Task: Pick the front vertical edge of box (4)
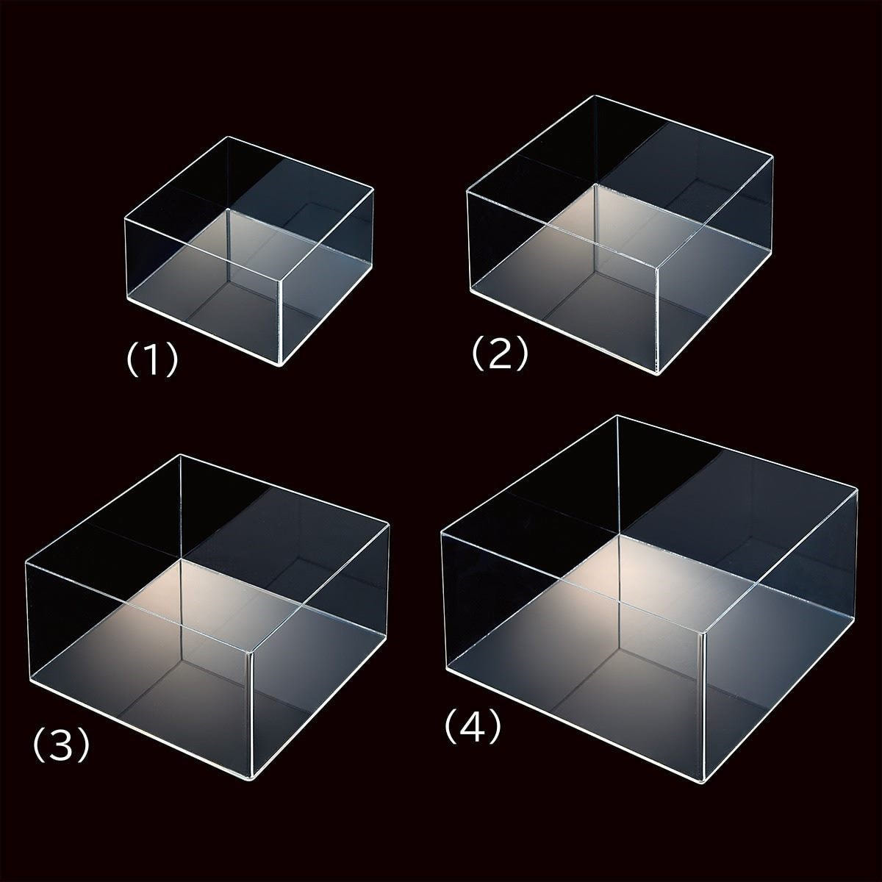pyautogui.click(x=702, y=703)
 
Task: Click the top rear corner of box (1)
pyautogui.click(x=229, y=137)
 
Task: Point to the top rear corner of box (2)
pyautogui.click(x=595, y=96)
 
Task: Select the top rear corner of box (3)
pyautogui.click(x=182, y=454)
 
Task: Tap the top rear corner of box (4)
pyautogui.click(x=617, y=415)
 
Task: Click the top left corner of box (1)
pyautogui.click(x=126, y=219)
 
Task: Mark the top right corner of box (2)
pyautogui.click(x=773, y=158)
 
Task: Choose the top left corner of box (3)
pyautogui.click(x=26, y=563)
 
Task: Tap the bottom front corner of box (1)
pyautogui.click(x=280, y=366)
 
